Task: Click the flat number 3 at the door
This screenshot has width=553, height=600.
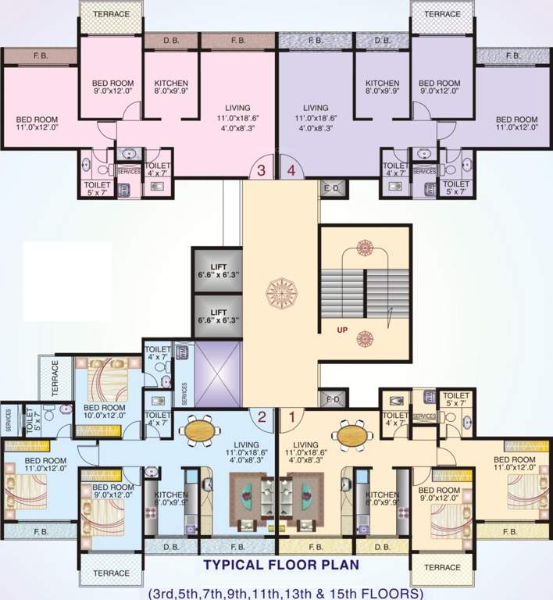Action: pyautogui.click(x=262, y=170)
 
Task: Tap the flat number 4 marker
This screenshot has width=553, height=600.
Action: pyautogui.click(x=291, y=170)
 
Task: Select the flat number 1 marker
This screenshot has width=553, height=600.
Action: pyautogui.click(x=291, y=417)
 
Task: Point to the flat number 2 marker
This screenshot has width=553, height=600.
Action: pyautogui.click(x=262, y=417)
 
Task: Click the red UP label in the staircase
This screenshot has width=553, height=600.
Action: pyautogui.click(x=342, y=330)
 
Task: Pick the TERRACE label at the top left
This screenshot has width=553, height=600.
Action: pyautogui.click(x=112, y=15)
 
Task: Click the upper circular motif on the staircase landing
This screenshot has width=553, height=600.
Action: pyautogui.click(x=364, y=248)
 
